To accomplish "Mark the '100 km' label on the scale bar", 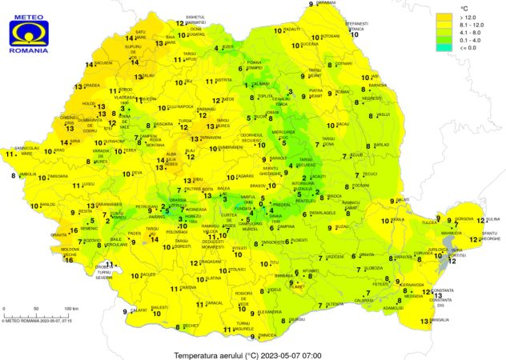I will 70,308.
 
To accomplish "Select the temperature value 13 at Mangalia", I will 424,321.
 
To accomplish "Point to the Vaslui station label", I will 384,114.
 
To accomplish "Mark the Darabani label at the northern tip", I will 326,3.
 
